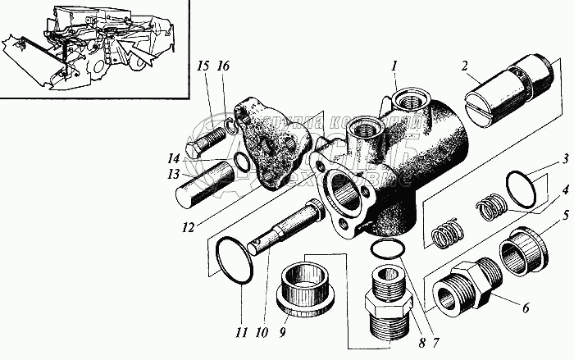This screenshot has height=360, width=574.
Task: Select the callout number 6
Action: (x=525, y=308)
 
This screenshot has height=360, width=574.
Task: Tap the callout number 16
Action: (x=222, y=67)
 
